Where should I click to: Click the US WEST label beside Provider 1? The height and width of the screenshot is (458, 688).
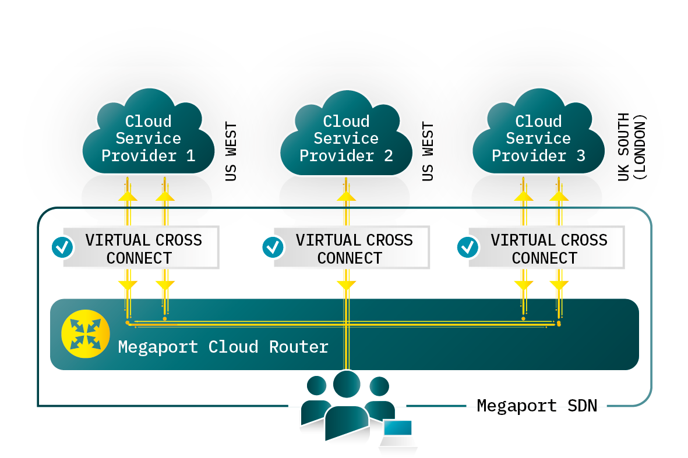[231, 151]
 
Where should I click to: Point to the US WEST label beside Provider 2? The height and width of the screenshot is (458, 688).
[428, 151]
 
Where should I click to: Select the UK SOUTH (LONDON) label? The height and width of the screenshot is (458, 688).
[632, 147]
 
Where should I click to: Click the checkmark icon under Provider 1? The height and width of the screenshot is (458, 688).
[62, 247]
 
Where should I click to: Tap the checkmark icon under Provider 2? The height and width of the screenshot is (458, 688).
[272, 247]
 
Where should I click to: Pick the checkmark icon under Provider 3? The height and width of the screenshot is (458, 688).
[467, 247]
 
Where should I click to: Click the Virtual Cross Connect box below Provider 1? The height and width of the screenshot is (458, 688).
[143, 248]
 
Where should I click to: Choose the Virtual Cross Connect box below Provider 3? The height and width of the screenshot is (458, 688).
[548, 248]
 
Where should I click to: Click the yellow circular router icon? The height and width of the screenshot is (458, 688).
[82, 334]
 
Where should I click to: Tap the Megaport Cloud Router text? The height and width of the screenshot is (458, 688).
[223, 347]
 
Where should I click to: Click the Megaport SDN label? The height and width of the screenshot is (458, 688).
[537, 406]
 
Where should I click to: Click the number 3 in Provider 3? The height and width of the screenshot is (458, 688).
[580, 156]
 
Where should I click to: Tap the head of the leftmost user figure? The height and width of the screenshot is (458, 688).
[316, 386]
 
